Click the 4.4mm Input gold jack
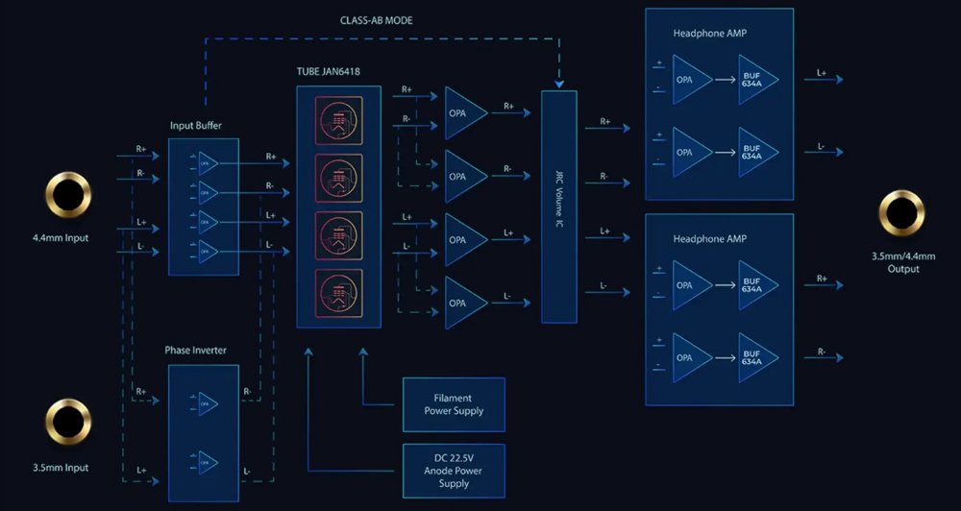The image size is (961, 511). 67,195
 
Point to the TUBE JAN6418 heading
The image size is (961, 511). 336,72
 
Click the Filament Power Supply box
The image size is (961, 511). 454,403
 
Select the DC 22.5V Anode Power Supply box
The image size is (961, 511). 454,470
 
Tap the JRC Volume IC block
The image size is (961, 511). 558,207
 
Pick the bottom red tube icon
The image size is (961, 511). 338,293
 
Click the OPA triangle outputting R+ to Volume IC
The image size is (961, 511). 464,112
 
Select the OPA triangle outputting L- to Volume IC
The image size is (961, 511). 464,303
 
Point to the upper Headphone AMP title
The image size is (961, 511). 710,34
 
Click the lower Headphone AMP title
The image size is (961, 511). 710,238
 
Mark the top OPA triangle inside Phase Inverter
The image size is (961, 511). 208,402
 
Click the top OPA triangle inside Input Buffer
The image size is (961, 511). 208,162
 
